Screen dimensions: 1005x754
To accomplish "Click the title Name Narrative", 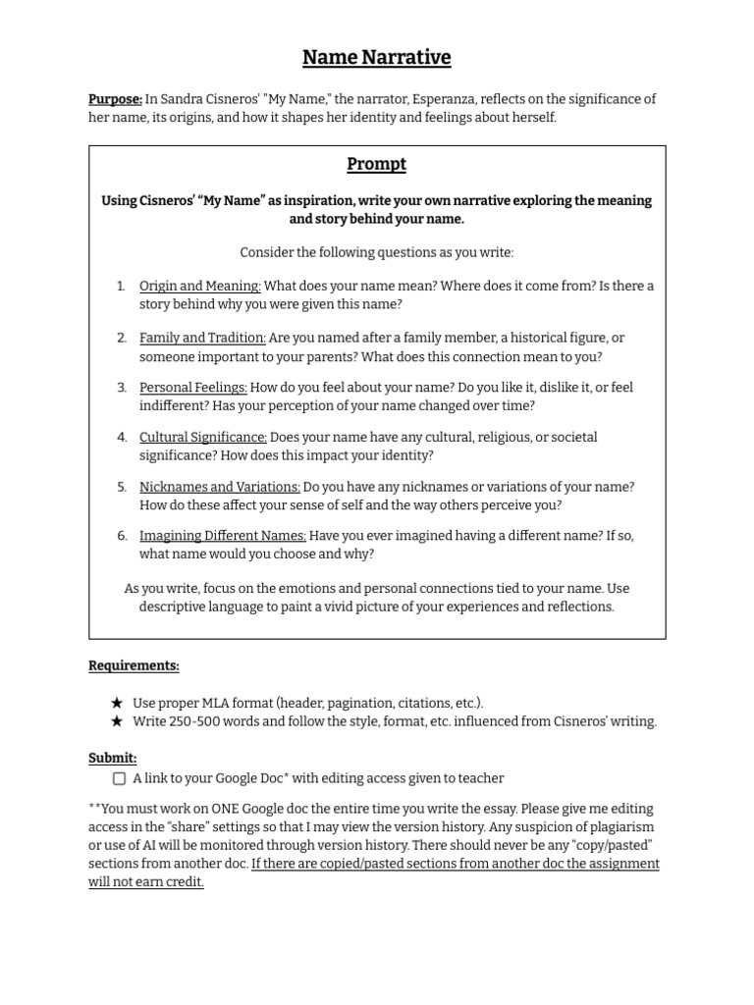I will click(376, 58).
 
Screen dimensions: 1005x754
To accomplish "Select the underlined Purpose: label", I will click(115, 99).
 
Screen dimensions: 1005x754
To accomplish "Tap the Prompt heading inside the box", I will click(376, 164).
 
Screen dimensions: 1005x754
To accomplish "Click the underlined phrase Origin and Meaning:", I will click(200, 286).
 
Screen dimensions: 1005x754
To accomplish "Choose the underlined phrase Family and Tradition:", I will click(202, 338).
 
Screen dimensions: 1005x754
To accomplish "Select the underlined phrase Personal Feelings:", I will click(193, 388).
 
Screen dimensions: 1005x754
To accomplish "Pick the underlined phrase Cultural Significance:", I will click(203, 437).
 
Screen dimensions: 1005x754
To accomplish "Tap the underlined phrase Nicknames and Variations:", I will click(220, 487).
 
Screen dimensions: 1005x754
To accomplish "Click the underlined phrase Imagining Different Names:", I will click(223, 536).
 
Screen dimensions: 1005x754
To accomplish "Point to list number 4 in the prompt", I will click(122, 437).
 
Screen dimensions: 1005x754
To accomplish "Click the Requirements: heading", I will click(134, 665).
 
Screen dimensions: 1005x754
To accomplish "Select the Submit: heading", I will click(113, 758).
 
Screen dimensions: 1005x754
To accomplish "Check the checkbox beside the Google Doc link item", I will click(119, 778).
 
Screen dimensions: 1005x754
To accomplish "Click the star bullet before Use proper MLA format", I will click(118, 703).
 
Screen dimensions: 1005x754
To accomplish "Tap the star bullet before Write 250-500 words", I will click(118, 721).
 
